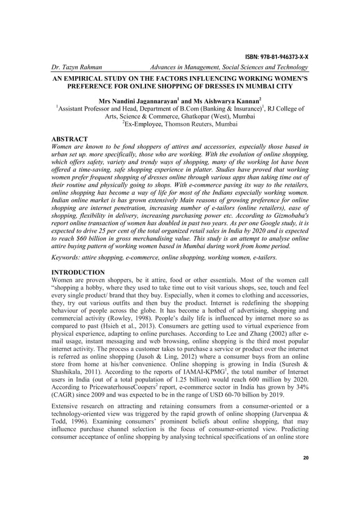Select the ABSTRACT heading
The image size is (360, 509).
click(69, 138)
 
